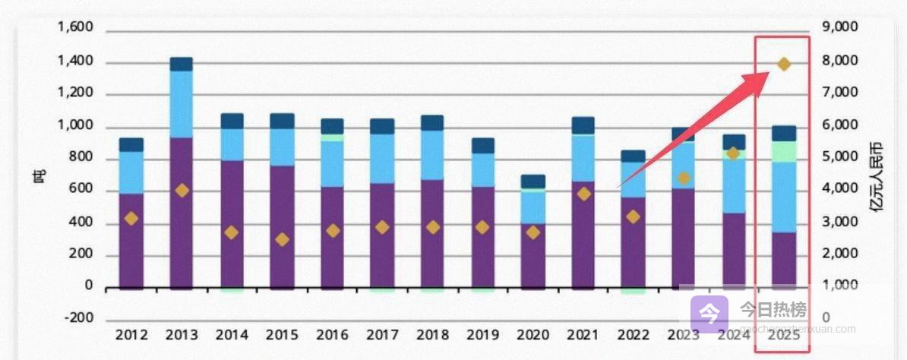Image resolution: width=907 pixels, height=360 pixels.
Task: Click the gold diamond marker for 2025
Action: point(783,65)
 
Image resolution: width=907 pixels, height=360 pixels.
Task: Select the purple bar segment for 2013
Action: point(181,213)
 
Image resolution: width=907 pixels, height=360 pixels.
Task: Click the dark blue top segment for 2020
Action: point(533,182)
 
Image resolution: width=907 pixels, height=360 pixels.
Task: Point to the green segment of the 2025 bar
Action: point(783,151)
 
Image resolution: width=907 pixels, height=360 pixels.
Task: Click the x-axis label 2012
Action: point(131,335)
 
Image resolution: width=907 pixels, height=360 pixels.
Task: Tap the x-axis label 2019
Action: point(482,335)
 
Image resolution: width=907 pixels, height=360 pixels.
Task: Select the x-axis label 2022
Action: point(633,335)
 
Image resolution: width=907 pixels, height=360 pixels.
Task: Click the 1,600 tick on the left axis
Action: point(74,28)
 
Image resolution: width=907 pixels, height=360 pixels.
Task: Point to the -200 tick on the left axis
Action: point(77,319)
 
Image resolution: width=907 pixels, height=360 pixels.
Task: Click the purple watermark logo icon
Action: point(708,311)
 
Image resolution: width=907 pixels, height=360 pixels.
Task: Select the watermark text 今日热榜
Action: point(773,311)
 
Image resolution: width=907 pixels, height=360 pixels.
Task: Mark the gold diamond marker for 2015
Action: point(282,239)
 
